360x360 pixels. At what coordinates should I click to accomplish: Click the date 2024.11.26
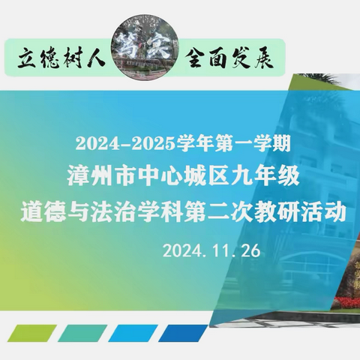coord(211,250)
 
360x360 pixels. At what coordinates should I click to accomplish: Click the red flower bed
coord(346,301)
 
